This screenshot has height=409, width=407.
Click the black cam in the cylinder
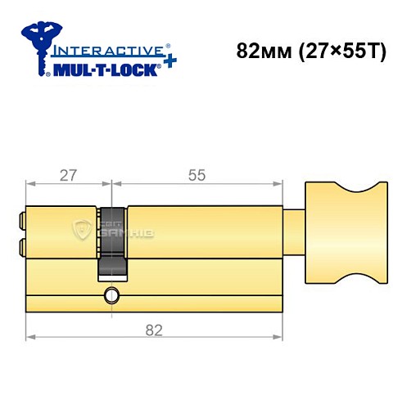[x=113, y=242]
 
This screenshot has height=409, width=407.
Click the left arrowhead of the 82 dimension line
[x=30, y=336]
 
